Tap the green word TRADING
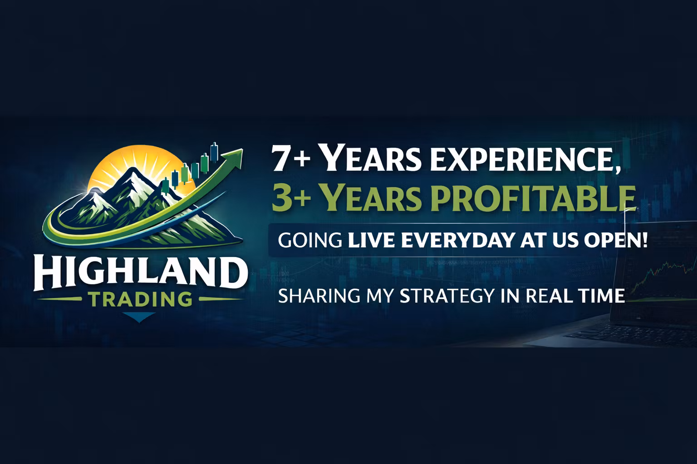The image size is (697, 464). pyautogui.click(x=139, y=299)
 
